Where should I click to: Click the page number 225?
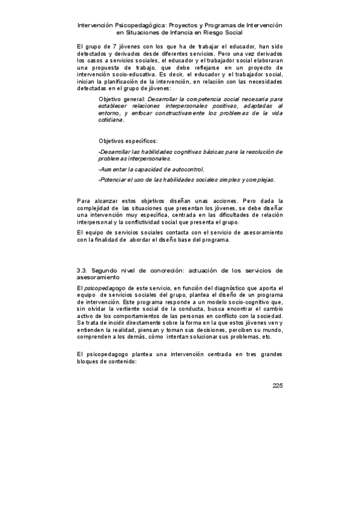276,386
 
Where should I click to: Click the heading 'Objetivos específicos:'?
128,141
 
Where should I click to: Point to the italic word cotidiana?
111,120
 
